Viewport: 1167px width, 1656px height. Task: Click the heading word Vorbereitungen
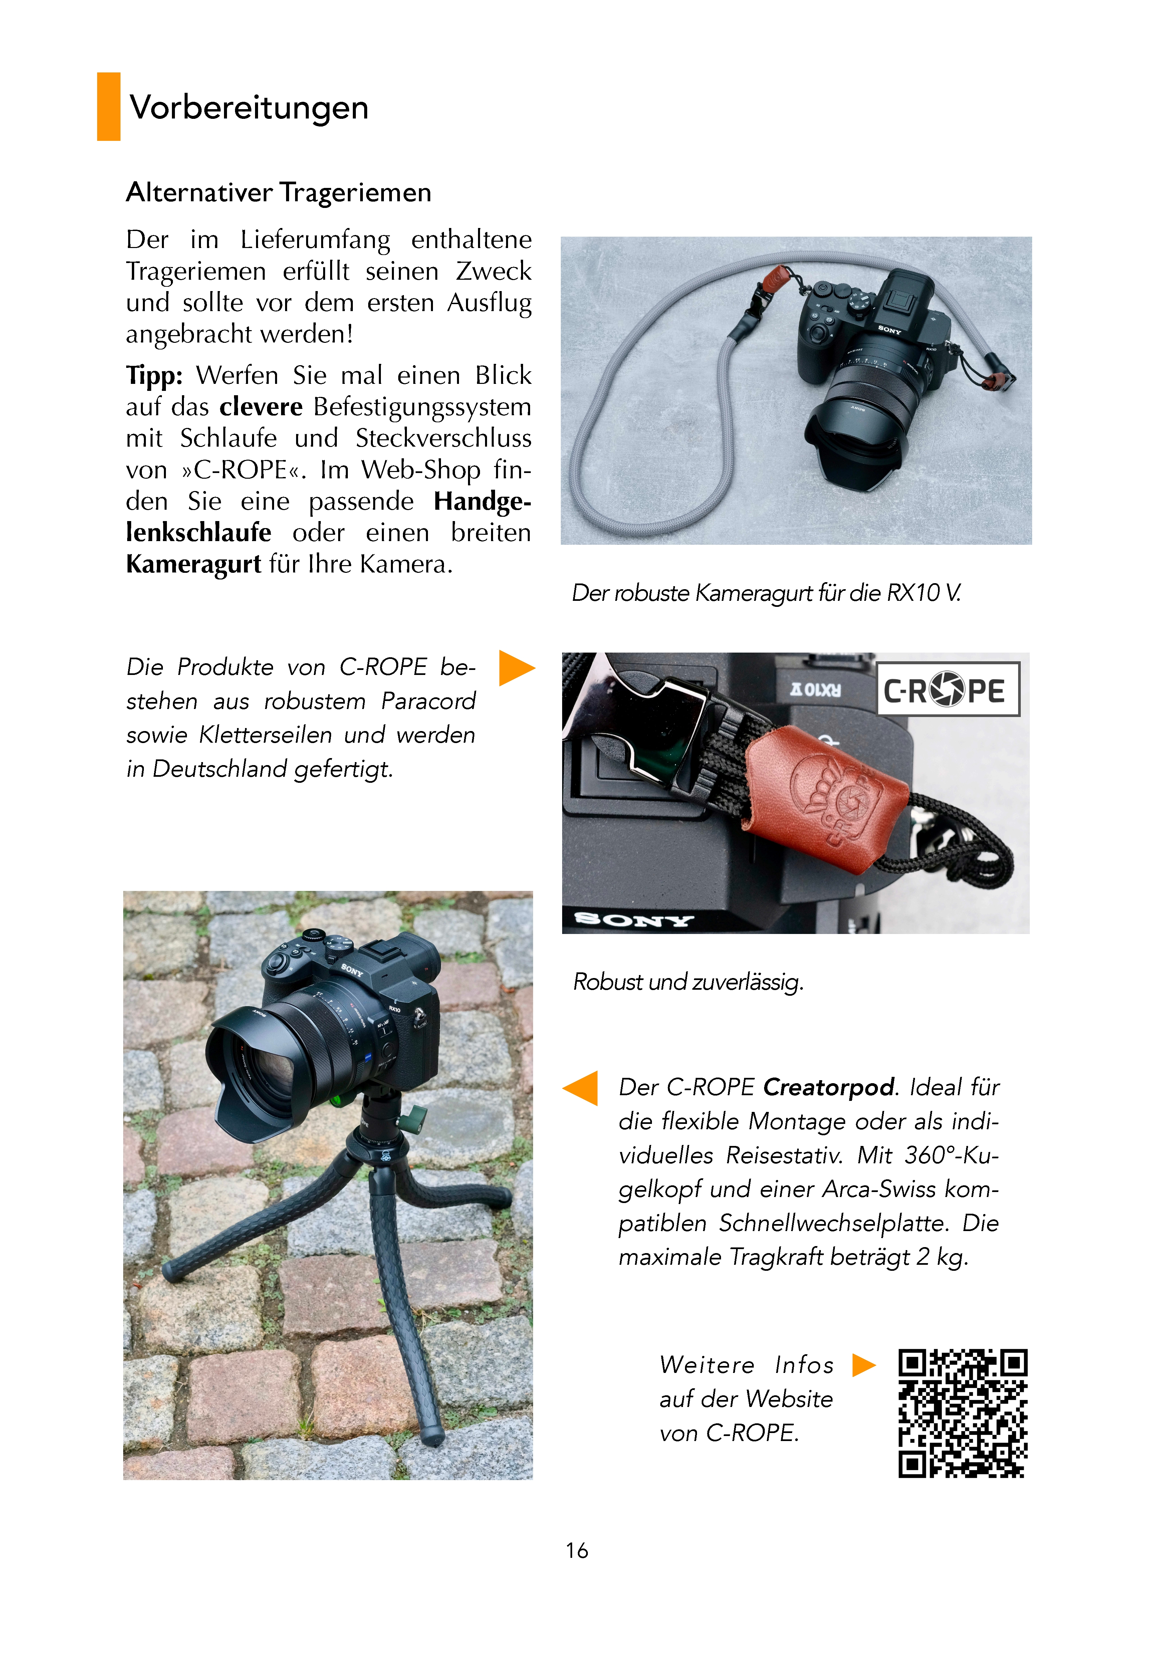249,107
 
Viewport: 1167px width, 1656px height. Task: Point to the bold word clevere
261,407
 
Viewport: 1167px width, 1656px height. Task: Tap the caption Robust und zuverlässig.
688,982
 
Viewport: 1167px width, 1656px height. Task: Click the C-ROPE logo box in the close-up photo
948,689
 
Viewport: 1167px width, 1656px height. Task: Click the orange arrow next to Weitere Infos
863,1365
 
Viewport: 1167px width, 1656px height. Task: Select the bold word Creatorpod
829,1087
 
